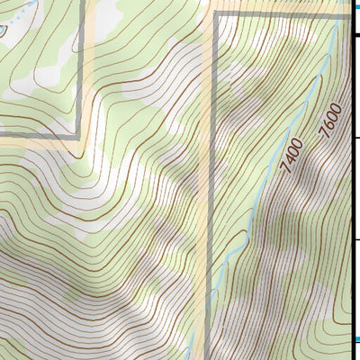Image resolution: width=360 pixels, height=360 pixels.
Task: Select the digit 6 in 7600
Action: (329, 119)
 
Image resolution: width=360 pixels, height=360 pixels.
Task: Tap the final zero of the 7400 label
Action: (299, 142)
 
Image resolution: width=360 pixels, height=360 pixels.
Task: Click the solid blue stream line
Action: (270, 171)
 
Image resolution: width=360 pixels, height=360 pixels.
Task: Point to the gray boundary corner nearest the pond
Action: (81, 135)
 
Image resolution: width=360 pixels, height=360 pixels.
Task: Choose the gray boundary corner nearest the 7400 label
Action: (216, 14)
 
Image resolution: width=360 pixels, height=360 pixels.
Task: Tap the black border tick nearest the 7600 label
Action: (355, 138)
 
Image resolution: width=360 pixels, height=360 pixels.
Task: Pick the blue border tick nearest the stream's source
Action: (355, 4)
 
